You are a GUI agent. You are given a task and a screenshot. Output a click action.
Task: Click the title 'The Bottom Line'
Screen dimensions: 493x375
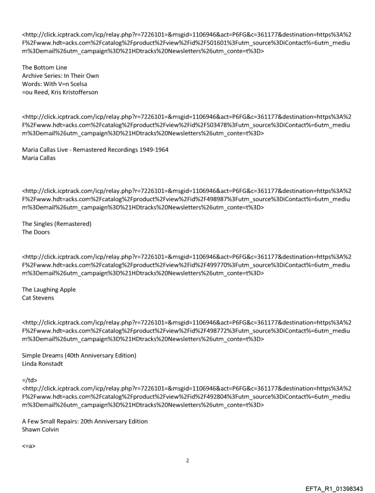[x=45, y=68]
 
